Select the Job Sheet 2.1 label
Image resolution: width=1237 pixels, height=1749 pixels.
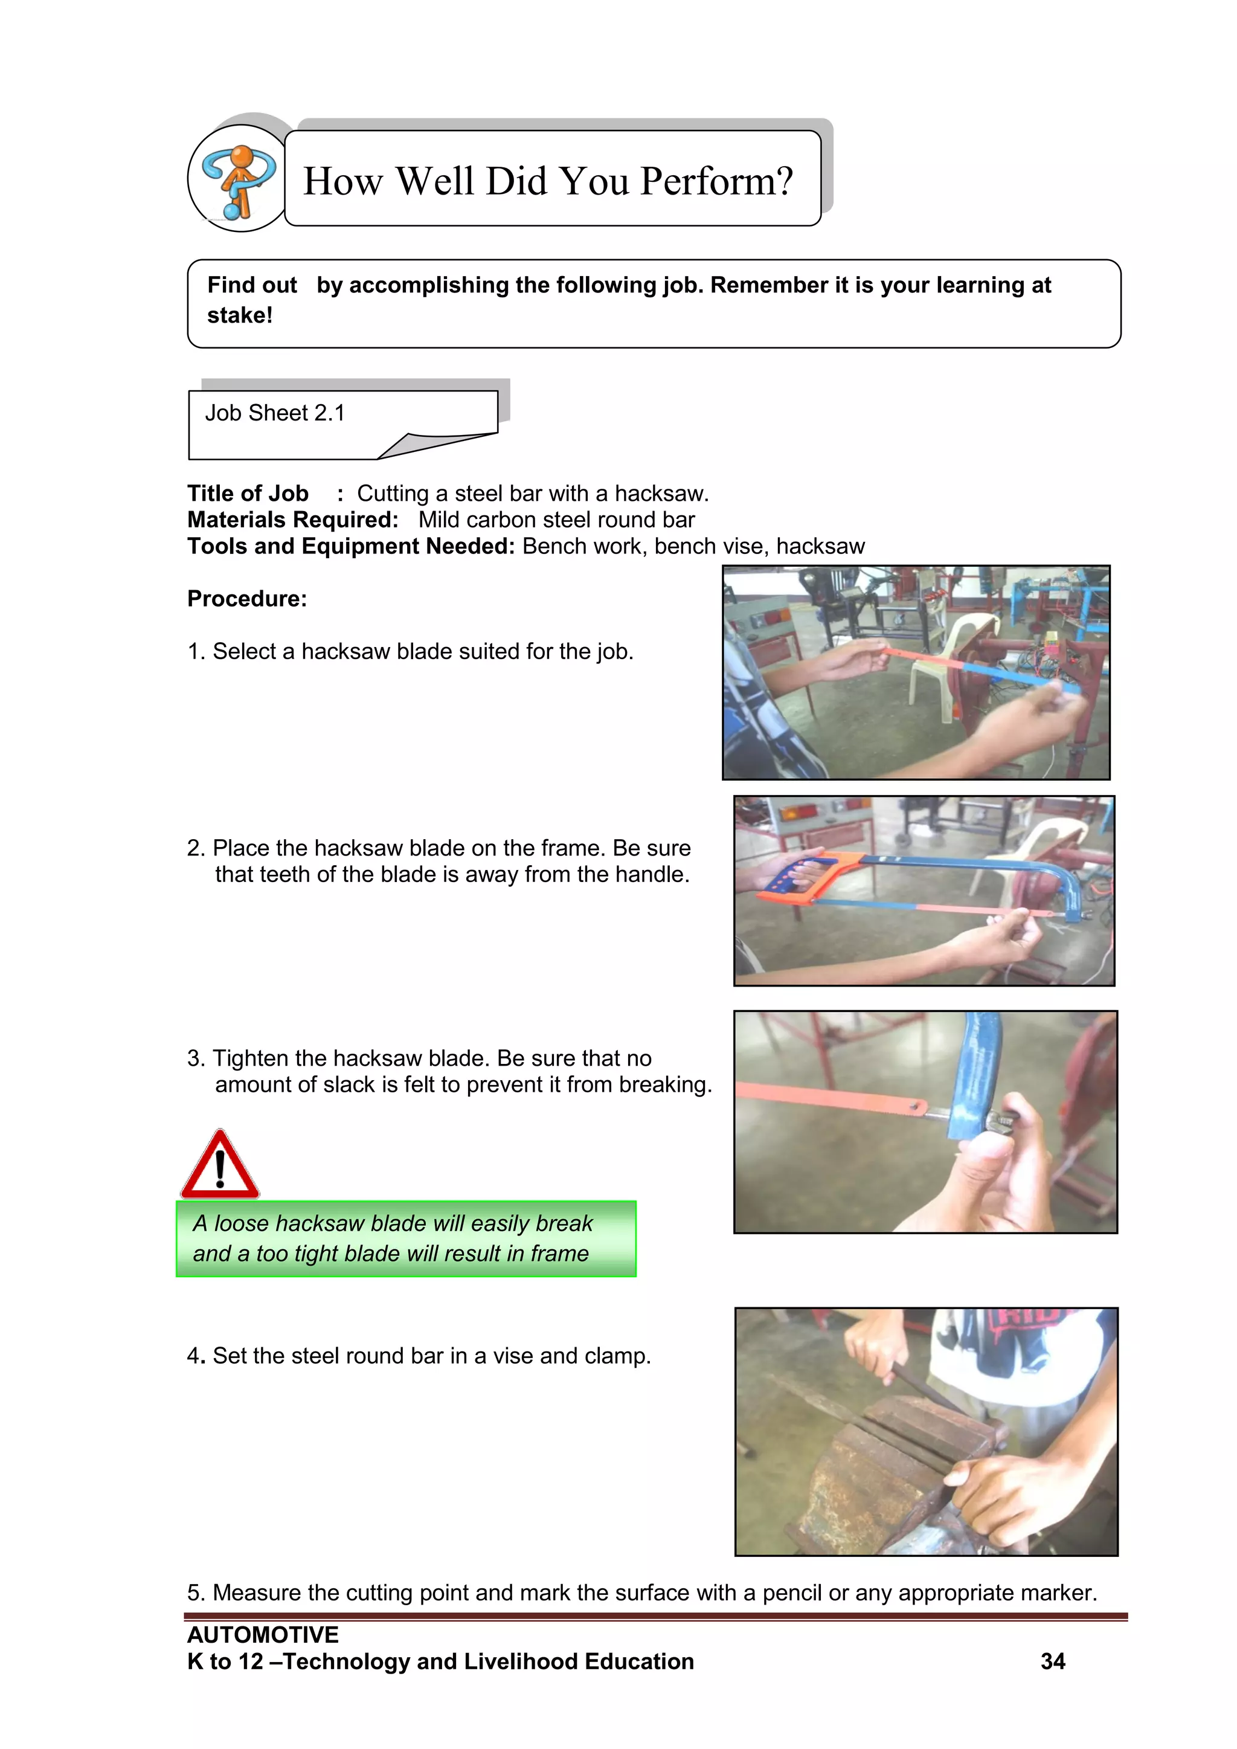pos(275,413)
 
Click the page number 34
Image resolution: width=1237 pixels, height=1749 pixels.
pos(1053,1661)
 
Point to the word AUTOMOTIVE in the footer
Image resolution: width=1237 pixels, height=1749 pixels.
pos(263,1634)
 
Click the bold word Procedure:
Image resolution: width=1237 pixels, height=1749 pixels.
pos(248,599)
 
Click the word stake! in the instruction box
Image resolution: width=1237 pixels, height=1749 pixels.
pos(240,315)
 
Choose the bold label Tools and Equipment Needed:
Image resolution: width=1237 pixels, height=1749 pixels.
pos(351,546)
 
